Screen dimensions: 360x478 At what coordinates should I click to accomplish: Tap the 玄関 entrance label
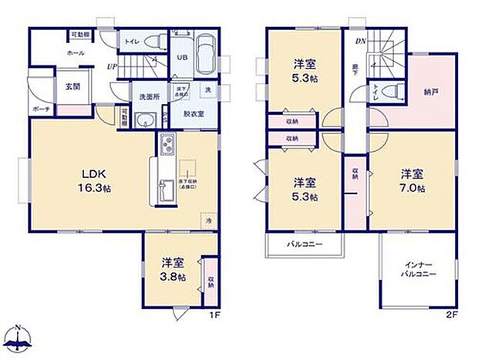(72, 86)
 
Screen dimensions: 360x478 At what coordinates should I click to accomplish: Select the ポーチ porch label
(41, 109)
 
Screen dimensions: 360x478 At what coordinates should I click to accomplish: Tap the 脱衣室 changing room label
(193, 114)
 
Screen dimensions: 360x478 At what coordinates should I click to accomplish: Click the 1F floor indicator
(218, 315)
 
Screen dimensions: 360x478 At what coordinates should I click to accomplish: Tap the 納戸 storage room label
(430, 93)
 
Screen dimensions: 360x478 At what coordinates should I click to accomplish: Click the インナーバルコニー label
(419, 269)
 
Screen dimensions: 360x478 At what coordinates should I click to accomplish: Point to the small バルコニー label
(305, 244)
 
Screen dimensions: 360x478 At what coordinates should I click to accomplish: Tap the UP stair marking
(112, 67)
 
